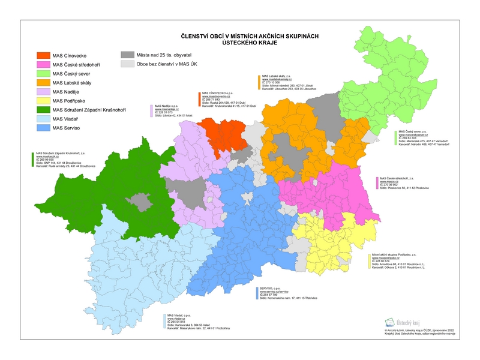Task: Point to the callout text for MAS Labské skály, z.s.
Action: point(282,82)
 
